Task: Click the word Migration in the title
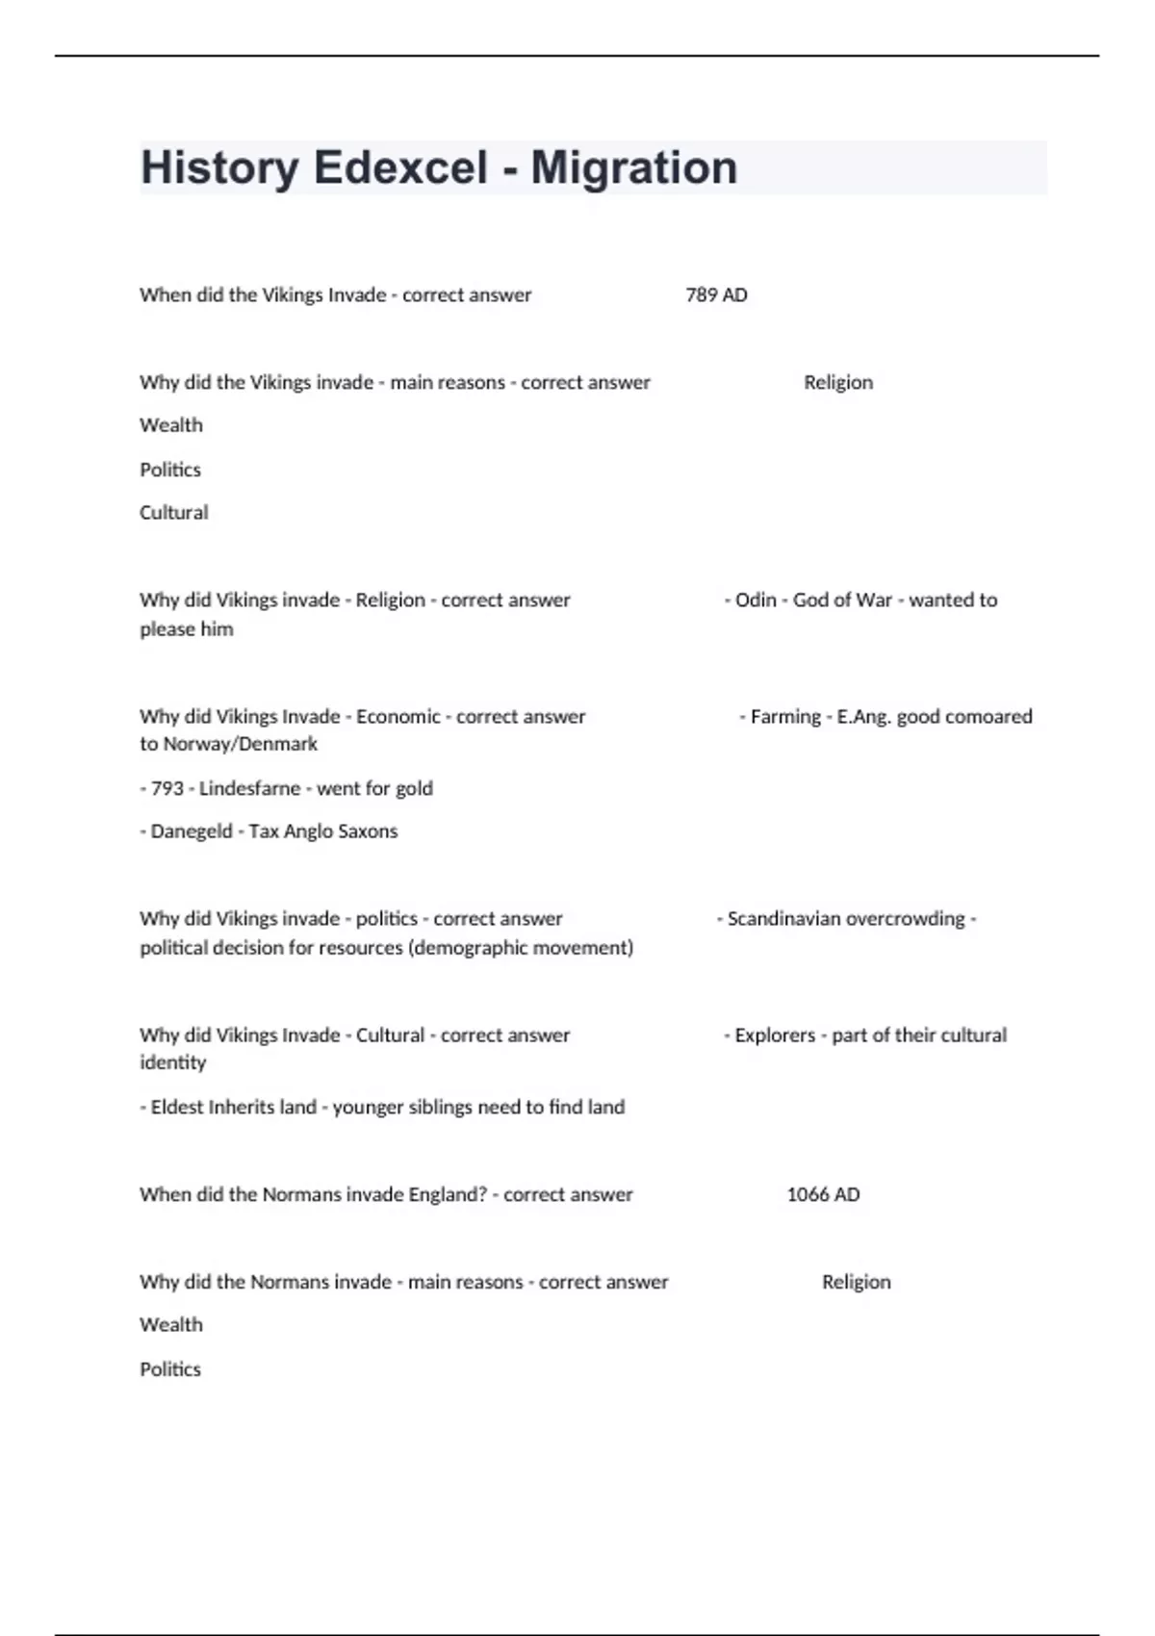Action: point(633,167)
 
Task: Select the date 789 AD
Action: point(716,295)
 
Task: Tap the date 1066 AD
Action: point(823,1194)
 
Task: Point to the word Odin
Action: point(756,600)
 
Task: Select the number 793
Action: point(167,788)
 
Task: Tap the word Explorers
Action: point(775,1035)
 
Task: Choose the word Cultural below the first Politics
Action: point(173,513)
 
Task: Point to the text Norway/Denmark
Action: point(240,744)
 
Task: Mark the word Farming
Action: point(785,716)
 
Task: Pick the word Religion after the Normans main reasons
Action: point(856,1282)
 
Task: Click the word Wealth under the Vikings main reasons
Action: point(171,425)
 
